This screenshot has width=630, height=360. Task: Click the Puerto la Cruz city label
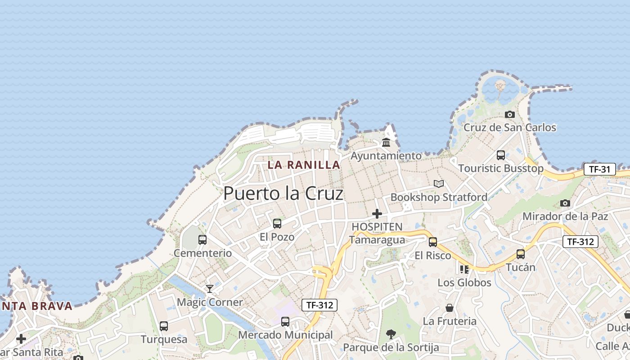(283, 193)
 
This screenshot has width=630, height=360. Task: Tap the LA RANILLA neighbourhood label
(304, 165)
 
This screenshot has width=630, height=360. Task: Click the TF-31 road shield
(599, 169)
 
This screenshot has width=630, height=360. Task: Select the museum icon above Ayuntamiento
(386, 143)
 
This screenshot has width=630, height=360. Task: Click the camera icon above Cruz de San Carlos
(509, 114)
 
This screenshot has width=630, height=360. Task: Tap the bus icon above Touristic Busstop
(501, 155)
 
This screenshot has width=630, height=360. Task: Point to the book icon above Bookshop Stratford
(439, 184)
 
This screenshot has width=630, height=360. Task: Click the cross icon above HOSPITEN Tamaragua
(377, 214)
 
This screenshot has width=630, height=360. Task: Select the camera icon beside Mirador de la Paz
(565, 203)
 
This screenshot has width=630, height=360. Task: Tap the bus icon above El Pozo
(277, 223)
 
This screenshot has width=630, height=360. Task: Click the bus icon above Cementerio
(202, 239)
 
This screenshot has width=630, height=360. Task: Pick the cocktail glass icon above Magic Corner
(209, 288)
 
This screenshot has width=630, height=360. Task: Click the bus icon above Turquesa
(164, 326)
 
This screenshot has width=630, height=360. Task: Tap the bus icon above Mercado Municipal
(285, 321)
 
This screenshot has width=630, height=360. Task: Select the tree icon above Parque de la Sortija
(391, 334)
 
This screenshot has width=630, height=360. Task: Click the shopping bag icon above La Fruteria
(449, 308)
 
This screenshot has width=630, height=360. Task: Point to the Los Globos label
(464, 283)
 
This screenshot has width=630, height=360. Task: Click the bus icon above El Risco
(433, 242)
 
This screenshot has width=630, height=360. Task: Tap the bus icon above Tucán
(521, 254)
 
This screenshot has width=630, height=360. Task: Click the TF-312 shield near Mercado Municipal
(319, 305)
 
